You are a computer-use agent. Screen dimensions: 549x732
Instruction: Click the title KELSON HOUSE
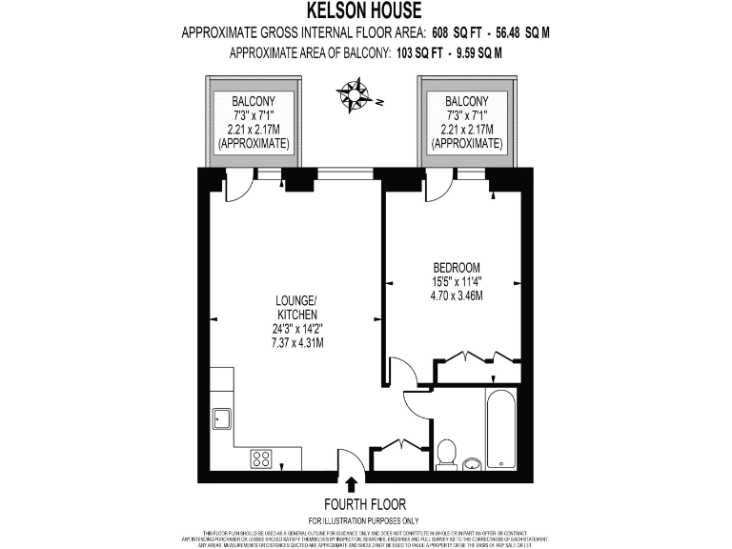tap(365, 10)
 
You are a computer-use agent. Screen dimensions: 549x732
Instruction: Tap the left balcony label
tap(253, 122)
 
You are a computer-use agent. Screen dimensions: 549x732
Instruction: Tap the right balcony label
tap(466, 122)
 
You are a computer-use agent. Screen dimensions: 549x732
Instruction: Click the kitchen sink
tap(222, 417)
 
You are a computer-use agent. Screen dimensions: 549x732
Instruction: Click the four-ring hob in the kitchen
tap(262, 457)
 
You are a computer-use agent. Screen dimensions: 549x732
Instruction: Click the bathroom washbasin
tap(474, 464)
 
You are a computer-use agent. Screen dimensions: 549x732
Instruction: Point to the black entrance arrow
tap(353, 485)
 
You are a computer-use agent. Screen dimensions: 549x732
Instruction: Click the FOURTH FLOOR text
tap(365, 504)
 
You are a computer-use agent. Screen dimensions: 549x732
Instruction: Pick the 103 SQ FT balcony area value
tap(418, 53)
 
